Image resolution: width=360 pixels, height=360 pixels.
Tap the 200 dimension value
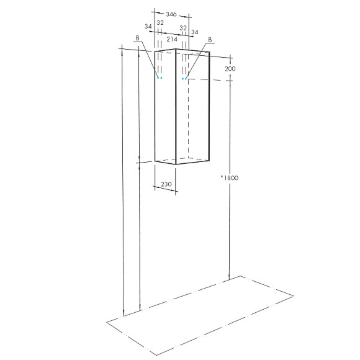click(x=231, y=69)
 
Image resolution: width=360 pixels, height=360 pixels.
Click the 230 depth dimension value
click(x=166, y=184)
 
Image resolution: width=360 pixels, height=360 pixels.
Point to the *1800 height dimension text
click(x=229, y=178)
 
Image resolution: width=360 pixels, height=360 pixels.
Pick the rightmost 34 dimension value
click(x=194, y=32)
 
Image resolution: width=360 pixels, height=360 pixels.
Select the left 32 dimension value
click(x=160, y=22)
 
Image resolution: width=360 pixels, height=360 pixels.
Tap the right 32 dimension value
click(x=183, y=28)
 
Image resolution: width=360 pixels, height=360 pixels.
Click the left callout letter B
click(x=137, y=38)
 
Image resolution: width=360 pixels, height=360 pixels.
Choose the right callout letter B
click(x=210, y=40)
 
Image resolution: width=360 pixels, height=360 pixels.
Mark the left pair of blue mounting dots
click(x=160, y=78)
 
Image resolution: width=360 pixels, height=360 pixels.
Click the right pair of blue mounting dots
click(x=184, y=79)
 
